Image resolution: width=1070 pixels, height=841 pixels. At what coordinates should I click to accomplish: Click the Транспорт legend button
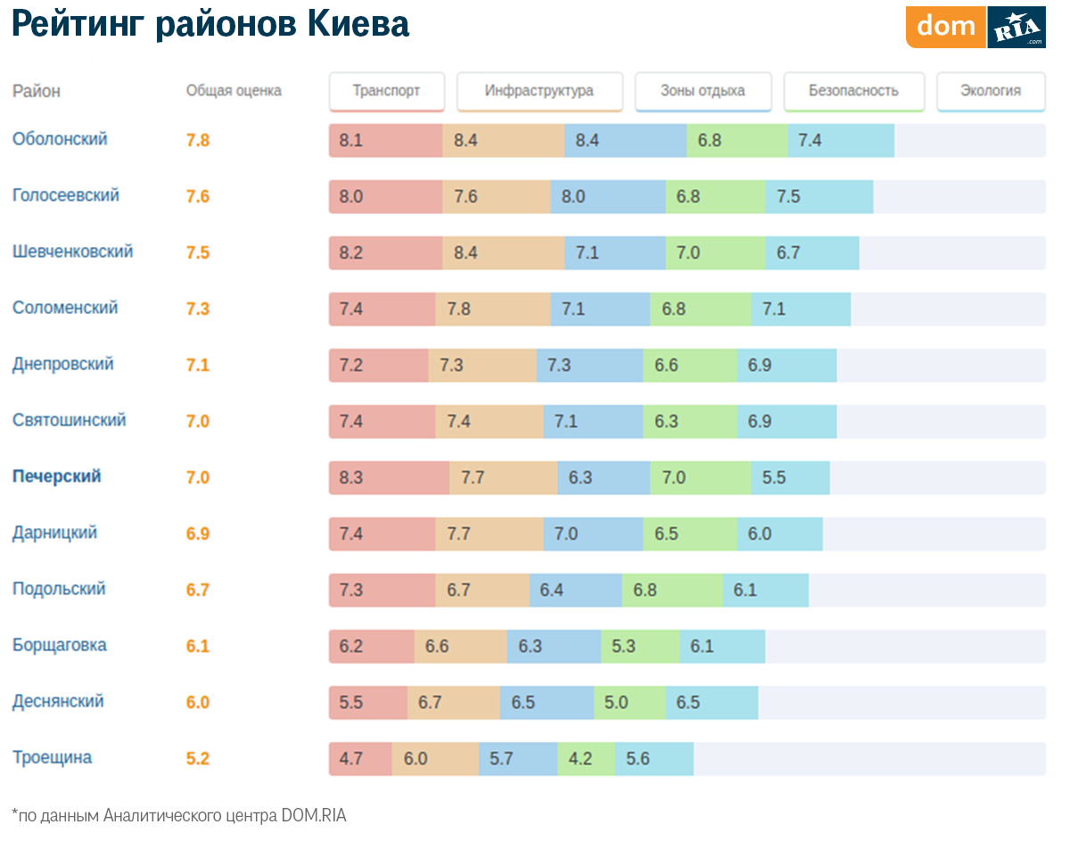click(x=386, y=91)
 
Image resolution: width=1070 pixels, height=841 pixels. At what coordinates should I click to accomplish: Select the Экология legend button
click(x=991, y=91)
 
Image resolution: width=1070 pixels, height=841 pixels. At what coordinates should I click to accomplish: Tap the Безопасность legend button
click(x=853, y=91)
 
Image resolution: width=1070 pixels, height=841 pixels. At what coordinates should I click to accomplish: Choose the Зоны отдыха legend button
click(x=703, y=91)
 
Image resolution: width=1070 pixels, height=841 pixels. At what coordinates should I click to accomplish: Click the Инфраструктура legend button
click(x=539, y=91)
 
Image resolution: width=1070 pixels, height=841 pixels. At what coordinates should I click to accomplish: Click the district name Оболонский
click(x=60, y=139)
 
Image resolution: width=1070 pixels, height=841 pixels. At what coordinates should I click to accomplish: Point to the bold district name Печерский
click(x=57, y=476)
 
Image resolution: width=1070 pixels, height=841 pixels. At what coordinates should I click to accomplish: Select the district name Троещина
click(x=52, y=757)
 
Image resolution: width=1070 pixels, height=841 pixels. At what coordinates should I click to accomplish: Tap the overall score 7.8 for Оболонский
click(x=198, y=140)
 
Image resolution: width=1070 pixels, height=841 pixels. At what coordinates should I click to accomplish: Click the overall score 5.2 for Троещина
click(x=198, y=759)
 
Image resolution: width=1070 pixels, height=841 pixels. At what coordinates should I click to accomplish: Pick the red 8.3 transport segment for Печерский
click(x=389, y=478)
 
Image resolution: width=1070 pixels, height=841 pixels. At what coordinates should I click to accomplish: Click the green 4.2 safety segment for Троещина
click(x=587, y=759)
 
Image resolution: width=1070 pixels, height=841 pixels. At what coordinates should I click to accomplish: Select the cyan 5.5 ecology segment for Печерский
click(x=790, y=478)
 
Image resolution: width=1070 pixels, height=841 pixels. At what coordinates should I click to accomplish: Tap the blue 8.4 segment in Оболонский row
click(x=625, y=141)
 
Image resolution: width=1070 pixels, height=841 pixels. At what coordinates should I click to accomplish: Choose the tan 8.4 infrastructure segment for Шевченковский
click(x=504, y=253)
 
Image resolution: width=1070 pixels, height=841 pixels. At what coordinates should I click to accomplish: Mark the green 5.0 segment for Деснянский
click(x=630, y=703)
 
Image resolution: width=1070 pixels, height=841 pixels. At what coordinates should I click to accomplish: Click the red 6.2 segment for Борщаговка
click(x=372, y=647)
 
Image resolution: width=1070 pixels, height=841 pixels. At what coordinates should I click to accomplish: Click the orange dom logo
click(x=946, y=27)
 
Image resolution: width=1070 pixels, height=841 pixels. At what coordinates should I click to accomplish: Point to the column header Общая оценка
click(x=234, y=91)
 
